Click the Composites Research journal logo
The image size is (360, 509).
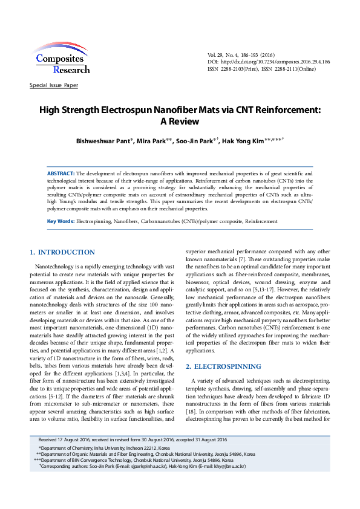[x=62, y=59]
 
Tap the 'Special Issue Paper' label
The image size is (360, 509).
[x=54, y=85]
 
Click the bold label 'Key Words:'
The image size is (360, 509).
[x=61, y=221]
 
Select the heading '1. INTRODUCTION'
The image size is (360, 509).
[x=62, y=252]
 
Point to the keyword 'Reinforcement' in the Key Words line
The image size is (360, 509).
[x=261, y=221]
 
